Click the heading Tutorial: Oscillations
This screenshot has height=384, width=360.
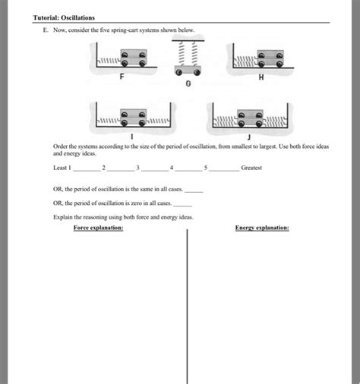click(x=64, y=17)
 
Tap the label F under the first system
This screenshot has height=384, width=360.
click(x=122, y=76)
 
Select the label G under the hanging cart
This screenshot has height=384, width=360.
click(x=188, y=83)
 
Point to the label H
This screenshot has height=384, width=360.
click(x=261, y=77)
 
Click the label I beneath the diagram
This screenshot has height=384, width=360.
click(x=132, y=137)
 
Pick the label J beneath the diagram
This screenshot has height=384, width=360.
click(x=249, y=137)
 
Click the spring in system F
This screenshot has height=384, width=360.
click(x=109, y=61)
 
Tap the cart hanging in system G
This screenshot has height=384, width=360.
click(x=188, y=71)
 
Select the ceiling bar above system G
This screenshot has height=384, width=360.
click(x=188, y=40)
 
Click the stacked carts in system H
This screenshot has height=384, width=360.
click(x=270, y=58)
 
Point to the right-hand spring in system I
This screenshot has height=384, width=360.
click(x=158, y=121)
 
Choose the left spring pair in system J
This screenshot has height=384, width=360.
click(x=226, y=121)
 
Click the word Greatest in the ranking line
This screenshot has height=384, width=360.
click(x=251, y=168)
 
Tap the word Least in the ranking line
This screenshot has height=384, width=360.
click(x=60, y=168)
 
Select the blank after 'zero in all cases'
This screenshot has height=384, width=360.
click(x=182, y=206)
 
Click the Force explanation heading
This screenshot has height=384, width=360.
click(x=99, y=228)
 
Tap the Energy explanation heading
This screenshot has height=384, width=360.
click(x=262, y=228)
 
